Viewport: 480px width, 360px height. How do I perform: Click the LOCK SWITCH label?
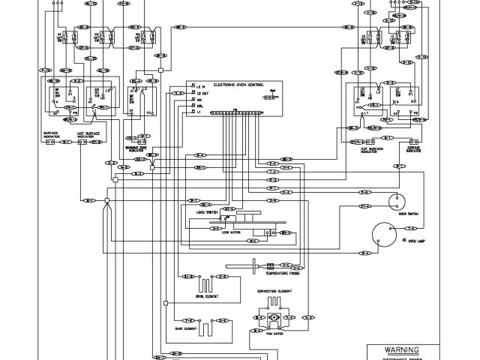coord(205,212)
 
